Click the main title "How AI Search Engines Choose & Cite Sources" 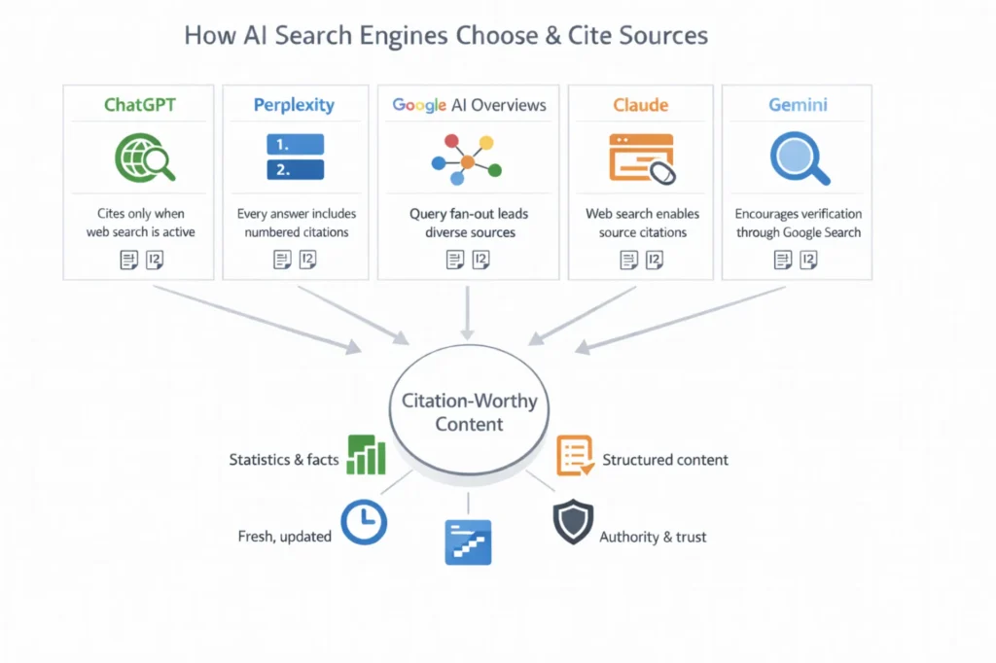[446, 36]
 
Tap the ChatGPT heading [141, 105]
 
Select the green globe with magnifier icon [143, 157]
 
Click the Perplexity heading [294, 105]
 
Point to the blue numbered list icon [294, 157]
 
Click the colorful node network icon [466, 159]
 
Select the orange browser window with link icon [642, 158]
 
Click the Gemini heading [798, 105]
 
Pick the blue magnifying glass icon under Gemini [799, 158]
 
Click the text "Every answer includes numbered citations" [297, 223]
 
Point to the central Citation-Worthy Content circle [469, 412]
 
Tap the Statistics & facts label [283, 460]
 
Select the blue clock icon [365, 522]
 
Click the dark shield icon [572, 522]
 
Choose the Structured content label [664, 460]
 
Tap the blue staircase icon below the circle [468, 542]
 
